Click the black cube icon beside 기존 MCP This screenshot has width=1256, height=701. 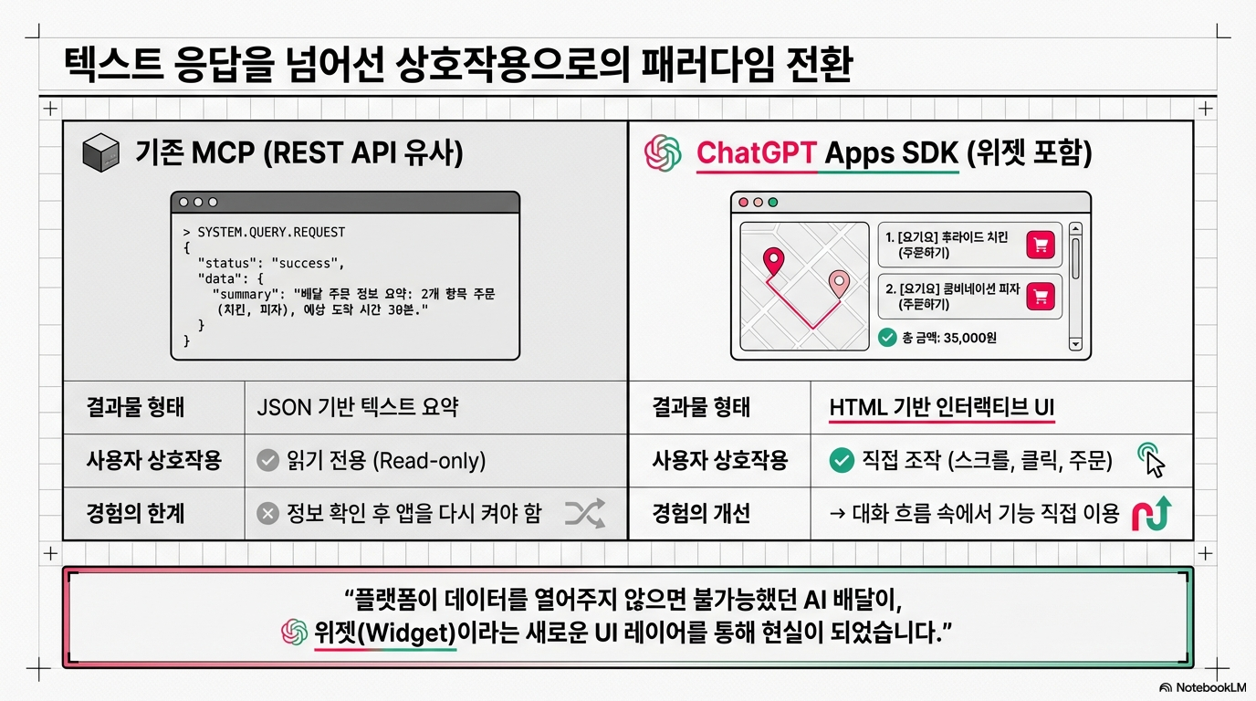pos(101,152)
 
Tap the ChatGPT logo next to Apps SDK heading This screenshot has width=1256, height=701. pos(663,152)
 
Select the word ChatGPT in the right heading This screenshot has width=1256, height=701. pos(756,152)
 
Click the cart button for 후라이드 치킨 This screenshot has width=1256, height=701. pos(1041,245)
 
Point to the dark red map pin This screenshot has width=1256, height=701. pos(774,261)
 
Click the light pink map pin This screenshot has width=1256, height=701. pos(839,283)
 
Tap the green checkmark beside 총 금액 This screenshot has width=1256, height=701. pos(887,337)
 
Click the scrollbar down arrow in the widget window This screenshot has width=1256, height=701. pos(1075,343)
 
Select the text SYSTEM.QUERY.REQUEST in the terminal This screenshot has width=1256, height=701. pos(271,232)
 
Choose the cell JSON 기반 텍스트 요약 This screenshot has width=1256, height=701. pos(357,407)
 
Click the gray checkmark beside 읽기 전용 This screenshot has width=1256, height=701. pos(268,460)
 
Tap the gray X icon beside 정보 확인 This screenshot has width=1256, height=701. pos(268,514)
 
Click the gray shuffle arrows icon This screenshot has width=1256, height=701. pos(585,513)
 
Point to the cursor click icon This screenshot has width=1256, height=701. pos(1151,460)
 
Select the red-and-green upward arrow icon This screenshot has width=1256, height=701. pos(1152,513)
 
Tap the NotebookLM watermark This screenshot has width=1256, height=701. pos(1203,687)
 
